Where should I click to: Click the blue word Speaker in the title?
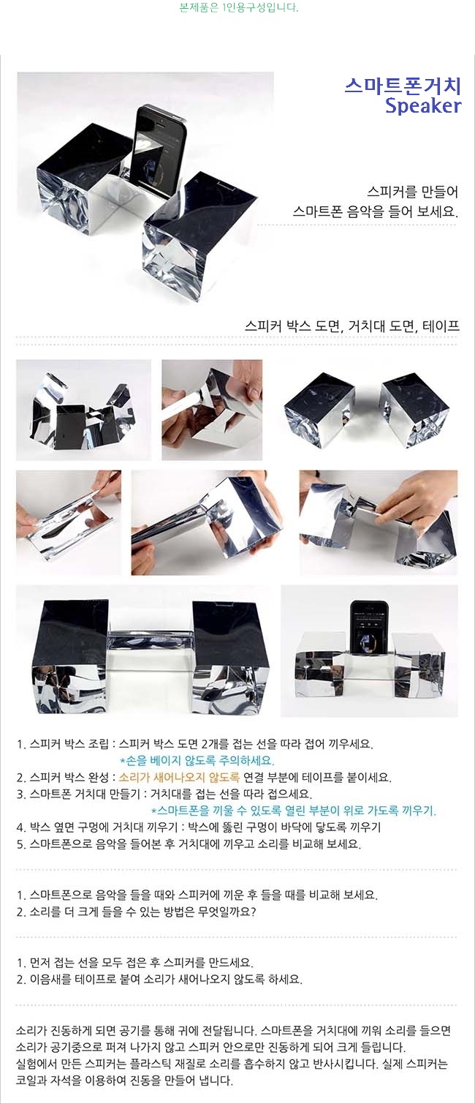(423, 106)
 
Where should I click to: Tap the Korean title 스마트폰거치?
(403, 86)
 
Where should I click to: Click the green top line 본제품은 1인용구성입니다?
(239, 8)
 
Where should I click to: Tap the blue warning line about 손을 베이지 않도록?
(197, 760)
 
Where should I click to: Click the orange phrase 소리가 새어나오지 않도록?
(179, 777)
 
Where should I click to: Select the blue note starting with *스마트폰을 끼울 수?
(293, 810)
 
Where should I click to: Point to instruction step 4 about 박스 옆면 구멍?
(198, 827)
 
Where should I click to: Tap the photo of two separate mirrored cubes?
(367, 410)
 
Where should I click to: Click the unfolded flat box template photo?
(84, 410)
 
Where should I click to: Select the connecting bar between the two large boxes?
(150, 639)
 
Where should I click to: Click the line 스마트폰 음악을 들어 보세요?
(376, 211)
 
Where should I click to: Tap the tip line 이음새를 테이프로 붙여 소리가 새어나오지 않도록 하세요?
(159, 979)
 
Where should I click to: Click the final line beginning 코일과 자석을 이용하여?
(124, 1081)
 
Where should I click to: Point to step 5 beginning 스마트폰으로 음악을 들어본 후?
(189, 844)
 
